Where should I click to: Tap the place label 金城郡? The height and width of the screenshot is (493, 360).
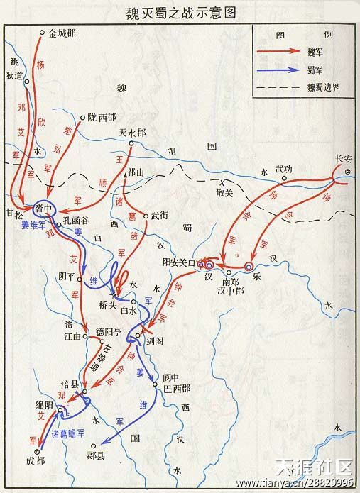click(62, 33)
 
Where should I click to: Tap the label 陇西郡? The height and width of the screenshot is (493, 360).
click(102, 117)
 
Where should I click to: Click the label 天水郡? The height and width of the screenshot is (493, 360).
click(132, 133)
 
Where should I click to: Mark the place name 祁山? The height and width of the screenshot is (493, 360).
click(136, 172)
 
